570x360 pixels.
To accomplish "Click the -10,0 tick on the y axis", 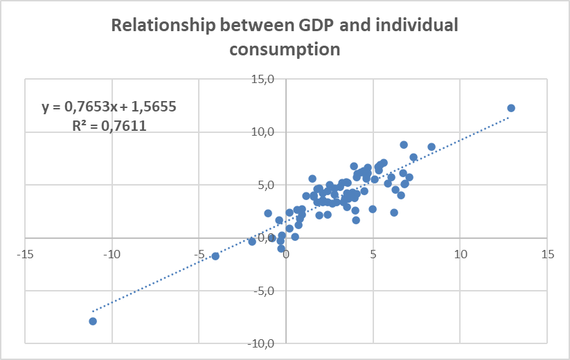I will [x=265, y=343].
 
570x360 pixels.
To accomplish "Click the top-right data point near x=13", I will [x=511, y=108].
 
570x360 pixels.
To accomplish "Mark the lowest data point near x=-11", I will [x=93, y=321].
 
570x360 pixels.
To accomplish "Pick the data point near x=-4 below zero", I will [x=215, y=256].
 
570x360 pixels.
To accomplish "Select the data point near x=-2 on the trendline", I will [x=252, y=242].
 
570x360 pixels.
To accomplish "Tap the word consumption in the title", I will [x=285, y=50].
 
